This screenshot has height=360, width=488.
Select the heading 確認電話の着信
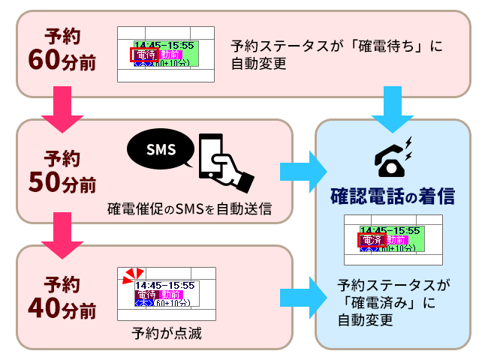point(393,196)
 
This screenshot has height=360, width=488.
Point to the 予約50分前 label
point(62,170)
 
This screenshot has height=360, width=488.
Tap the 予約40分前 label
point(62,296)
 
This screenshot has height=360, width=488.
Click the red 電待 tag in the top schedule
point(145,55)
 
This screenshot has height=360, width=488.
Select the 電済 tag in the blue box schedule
point(372,240)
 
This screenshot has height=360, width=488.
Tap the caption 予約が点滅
point(166,331)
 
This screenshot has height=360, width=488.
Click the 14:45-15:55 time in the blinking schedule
point(164,285)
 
